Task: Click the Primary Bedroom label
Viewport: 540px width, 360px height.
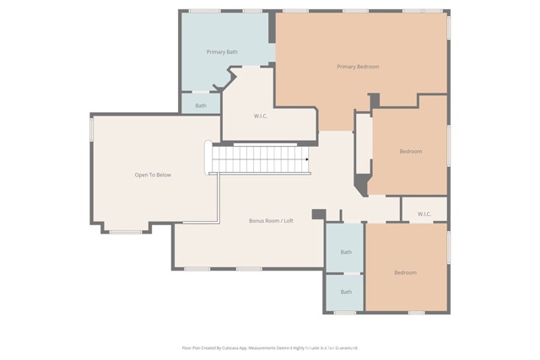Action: point(358,67)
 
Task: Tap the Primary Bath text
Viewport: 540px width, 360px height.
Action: point(222,52)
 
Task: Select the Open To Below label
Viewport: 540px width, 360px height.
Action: point(153,175)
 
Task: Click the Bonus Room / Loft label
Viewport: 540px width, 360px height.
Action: point(271,221)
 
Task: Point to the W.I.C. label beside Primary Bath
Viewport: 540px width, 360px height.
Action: point(261,116)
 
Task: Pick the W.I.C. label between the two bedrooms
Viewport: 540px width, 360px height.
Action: point(424,214)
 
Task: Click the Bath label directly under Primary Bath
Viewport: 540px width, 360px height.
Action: point(201,106)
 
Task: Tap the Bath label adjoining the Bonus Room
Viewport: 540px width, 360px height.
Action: point(346,252)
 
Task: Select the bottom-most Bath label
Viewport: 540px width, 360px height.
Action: point(346,293)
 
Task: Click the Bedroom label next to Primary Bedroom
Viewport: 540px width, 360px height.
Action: point(411,152)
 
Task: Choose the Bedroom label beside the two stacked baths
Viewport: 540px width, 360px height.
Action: point(405,273)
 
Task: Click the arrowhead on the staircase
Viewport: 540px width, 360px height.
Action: point(306,159)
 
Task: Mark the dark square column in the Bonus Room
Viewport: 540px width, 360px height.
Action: point(318,214)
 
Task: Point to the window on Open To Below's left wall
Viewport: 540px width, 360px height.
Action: point(91,128)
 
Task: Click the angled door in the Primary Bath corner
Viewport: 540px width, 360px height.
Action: point(224,82)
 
